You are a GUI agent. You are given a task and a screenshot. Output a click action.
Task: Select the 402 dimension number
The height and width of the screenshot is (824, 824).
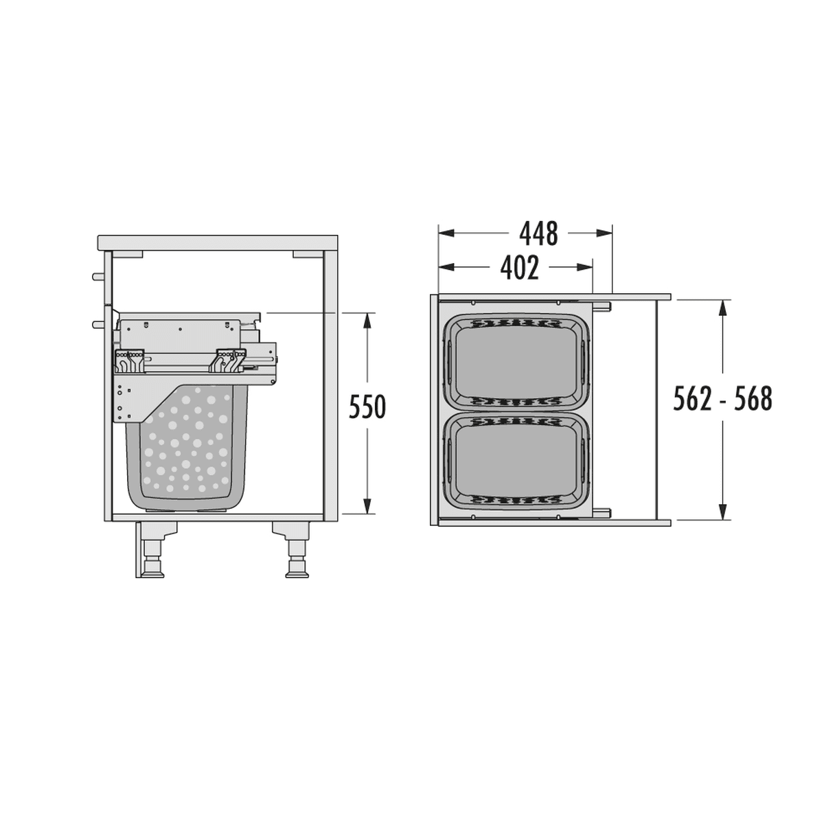pyautogui.click(x=519, y=268)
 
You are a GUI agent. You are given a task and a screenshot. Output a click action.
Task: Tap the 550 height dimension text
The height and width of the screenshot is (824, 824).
pyautogui.click(x=367, y=407)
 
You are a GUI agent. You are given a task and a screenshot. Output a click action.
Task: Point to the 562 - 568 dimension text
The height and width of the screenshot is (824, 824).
pyautogui.click(x=722, y=398)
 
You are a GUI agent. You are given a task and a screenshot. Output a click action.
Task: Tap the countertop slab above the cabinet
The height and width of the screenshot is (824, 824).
pyautogui.click(x=218, y=242)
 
